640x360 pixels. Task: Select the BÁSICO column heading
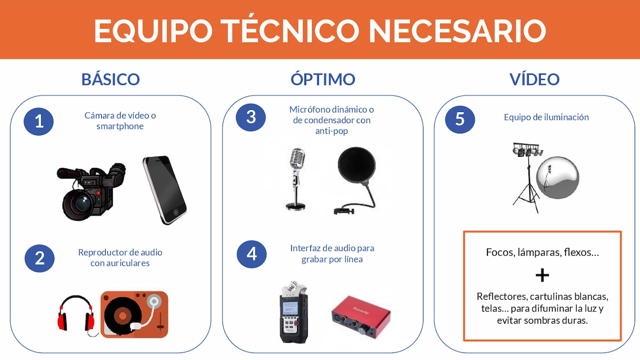coord(110,79)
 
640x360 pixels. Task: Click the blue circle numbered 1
coord(38,121)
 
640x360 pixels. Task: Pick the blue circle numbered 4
coord(251,254)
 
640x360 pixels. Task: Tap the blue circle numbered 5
coord(460,119)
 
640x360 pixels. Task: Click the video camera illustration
coord(91,191)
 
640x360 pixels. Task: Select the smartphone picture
coord(165,190)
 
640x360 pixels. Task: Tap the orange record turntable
coord(134,314)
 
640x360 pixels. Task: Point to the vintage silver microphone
coord(297,179)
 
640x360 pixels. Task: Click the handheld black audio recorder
coord(293,313)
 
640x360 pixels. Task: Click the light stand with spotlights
coord(527,178)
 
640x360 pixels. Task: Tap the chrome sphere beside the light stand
coord(557,178)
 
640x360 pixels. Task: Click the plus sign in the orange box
coord(542,275)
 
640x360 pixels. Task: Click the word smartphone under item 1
coord(120,126)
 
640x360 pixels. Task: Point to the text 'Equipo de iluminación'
coord(546,117)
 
